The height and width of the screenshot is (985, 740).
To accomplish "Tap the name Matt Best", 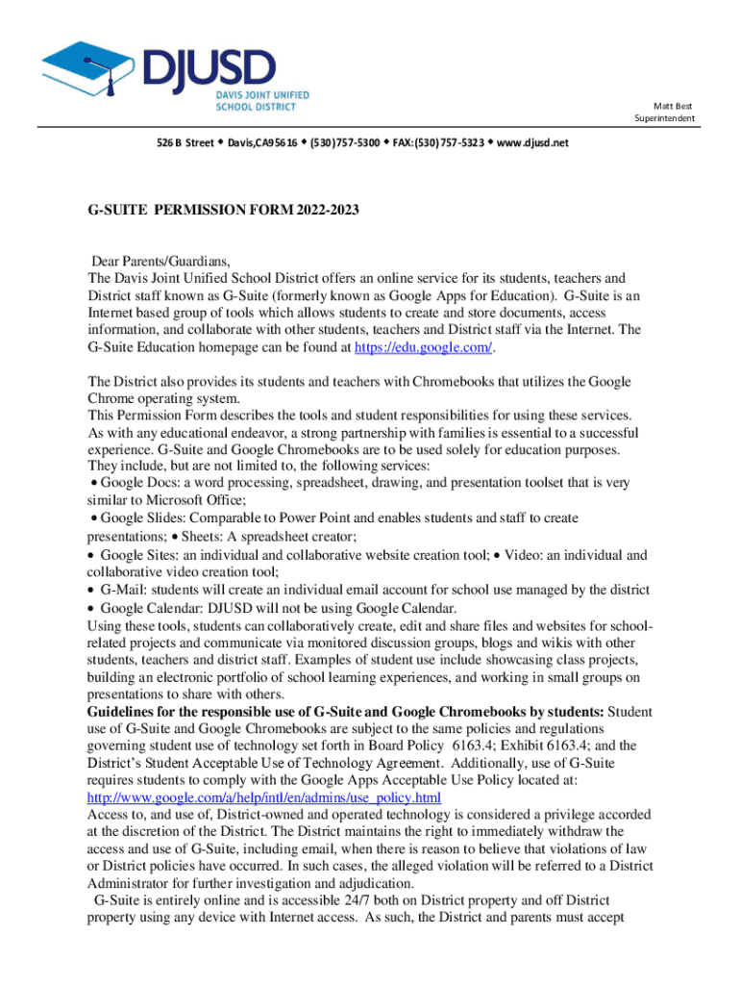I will click(673, 106).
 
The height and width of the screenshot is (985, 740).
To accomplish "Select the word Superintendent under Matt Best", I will click(664, 118).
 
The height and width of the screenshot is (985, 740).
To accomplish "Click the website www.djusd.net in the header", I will click(533, 142).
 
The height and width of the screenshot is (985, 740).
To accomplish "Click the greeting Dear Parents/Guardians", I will click(161, 261).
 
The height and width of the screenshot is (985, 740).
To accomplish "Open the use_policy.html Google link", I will click(263, 798).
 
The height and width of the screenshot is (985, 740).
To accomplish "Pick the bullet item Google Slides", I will click(140, 518).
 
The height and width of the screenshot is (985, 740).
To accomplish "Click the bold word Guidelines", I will click(125, 712).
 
